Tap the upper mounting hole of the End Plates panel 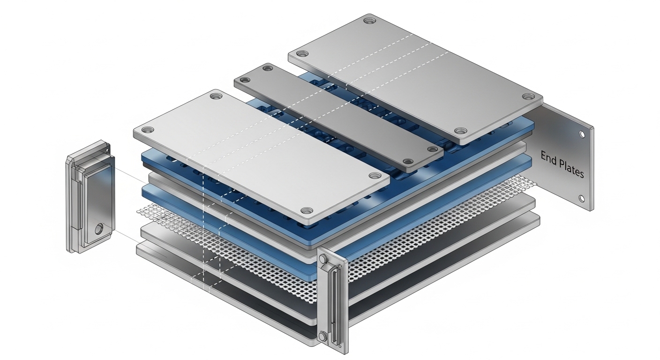[582, 135]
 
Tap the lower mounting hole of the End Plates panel [582, 199]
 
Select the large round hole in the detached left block [99, 229]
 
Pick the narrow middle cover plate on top [339, 118]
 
